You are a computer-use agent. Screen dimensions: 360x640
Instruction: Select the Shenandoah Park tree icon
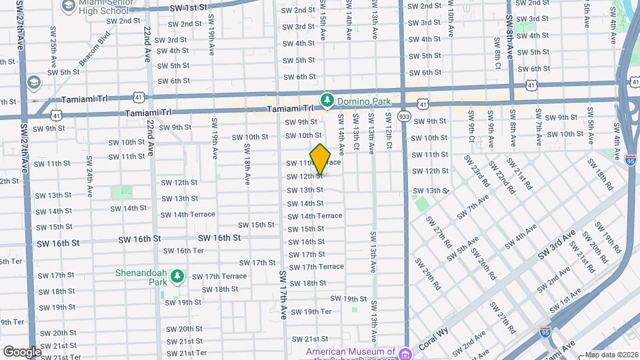pos(177,275)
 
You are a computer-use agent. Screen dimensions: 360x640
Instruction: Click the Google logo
pos(22,351)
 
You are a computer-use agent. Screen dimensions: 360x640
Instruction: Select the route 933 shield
pos(404,117)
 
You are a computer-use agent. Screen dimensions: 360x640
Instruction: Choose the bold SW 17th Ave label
pos(284,294)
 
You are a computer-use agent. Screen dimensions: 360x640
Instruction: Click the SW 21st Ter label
pos(186,353)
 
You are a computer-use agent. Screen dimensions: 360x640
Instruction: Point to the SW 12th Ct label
pos(387,129)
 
